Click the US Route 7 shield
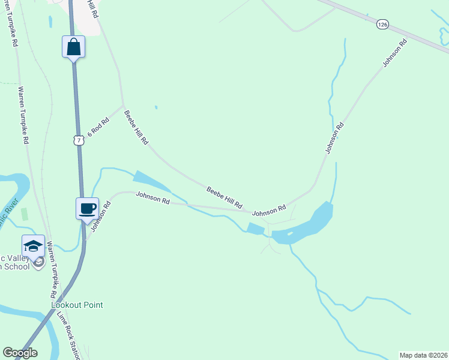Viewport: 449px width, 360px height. tap(78, 140)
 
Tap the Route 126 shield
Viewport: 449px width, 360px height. tap(383, 24)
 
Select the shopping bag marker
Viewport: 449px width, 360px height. tap(73, 46)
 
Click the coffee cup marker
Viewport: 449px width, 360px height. tap(87, 208)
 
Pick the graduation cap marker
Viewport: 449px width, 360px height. tap(33, 245)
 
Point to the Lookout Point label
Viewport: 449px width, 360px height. tap(77, 305)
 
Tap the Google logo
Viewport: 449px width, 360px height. tap(20, 353)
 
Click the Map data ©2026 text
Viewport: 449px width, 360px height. tap(423, 355)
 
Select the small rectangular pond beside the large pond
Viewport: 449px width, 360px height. tap(255, 228)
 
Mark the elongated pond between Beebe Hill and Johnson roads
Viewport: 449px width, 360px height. tap(152, 183)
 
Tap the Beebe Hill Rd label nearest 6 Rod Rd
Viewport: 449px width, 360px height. tap(136, 127)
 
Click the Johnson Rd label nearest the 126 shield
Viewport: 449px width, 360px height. tap(395, 53)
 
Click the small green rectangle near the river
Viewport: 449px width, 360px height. tap(25, 213)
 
